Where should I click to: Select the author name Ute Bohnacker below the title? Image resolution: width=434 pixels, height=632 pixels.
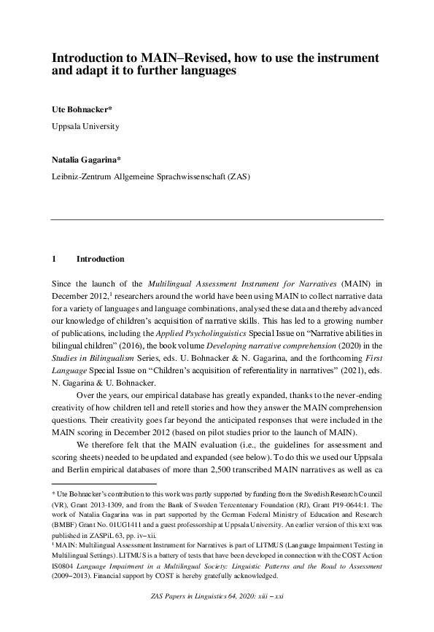coord(80,110)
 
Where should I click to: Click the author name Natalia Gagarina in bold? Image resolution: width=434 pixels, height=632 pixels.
coord(85,160)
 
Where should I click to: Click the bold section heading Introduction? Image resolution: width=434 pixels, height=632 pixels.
coord(100,259)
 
